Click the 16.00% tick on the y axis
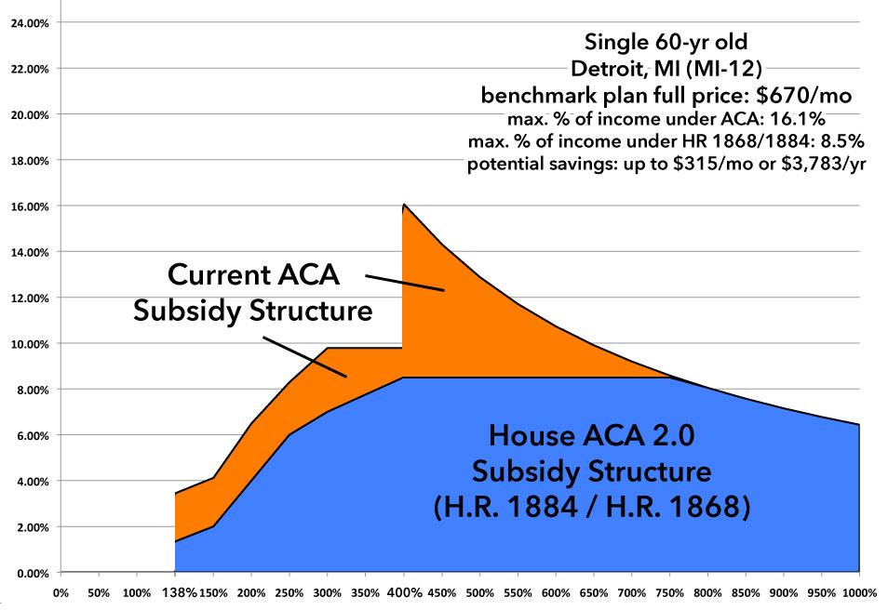(31, 206)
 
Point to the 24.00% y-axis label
(31, 23)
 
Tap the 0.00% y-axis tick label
(33, 573)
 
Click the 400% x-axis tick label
(403, 591)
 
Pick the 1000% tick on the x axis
(858, 591)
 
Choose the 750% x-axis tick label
(669, 591)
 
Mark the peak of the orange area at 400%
(403, 204)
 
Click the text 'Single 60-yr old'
(665, 42)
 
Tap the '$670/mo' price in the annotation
(808, 95)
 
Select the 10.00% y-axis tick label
(31, 344)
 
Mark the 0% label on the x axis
(61, 591)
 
